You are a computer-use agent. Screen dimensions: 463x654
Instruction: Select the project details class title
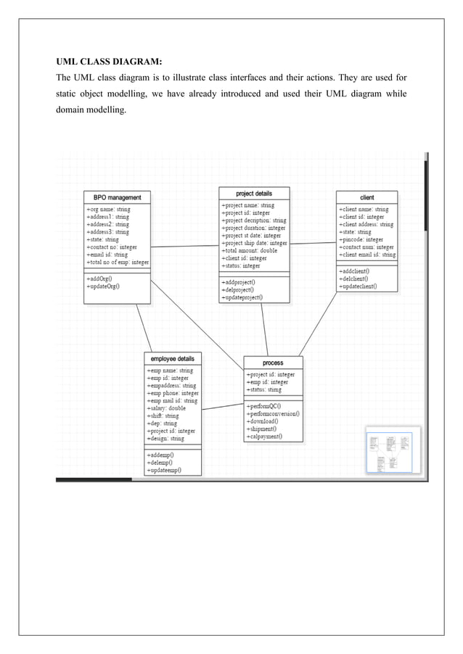(254, 194)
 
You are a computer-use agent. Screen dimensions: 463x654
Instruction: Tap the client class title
(366, 197)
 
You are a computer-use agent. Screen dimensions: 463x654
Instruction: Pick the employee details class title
(172, 359)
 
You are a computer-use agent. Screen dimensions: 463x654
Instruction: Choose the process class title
(273, 363)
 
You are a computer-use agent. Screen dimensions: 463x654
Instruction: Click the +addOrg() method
(99, 278)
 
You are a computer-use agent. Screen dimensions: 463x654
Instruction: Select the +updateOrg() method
(103, 286)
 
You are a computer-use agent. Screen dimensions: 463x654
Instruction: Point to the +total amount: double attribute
(250, 251)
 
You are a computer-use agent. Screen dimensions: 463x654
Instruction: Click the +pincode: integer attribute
(361, 239)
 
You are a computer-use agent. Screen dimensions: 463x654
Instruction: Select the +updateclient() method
(357, 286)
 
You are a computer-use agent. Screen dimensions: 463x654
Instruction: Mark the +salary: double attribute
(166, 408)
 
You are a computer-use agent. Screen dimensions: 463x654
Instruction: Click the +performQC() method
(263, 406)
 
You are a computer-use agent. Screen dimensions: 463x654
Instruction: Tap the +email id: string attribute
(107, 254)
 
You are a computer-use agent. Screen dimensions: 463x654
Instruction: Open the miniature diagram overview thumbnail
(388, 452)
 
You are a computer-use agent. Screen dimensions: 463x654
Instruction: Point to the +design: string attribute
(165, 439)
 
